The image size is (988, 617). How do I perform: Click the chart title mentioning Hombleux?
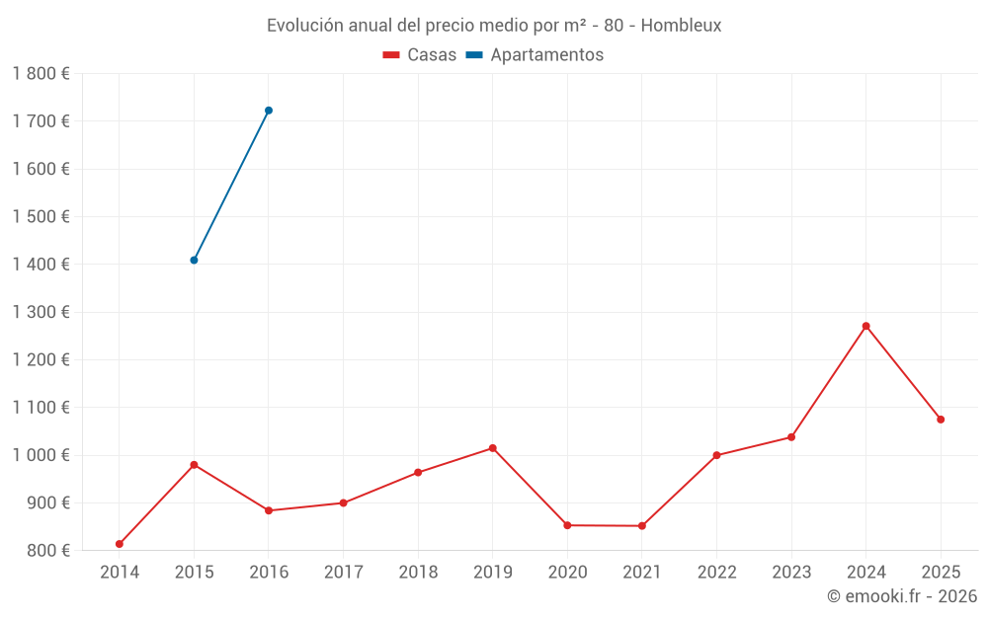tap(494, 25)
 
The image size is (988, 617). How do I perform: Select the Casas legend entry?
tap(420, 55)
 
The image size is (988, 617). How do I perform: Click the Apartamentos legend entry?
tap(535, 55)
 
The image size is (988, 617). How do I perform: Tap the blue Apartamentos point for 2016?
tap(269, 111)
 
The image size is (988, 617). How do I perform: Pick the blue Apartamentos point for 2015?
tap(194, 261)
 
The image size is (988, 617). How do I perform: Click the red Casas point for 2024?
tap(865, 326)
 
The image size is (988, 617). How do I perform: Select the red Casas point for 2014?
tap(120, 544)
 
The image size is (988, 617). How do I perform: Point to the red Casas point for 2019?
tap(493, 448)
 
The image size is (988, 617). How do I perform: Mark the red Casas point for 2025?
tap(941, 420)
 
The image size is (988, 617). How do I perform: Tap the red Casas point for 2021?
tap(642, 526)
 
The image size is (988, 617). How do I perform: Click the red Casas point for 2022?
tap(716, 455)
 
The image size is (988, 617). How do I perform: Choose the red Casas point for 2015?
tap(194, 465)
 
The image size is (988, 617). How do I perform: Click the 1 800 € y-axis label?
tap(41, 74)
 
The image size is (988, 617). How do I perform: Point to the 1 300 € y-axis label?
tap(41, 312)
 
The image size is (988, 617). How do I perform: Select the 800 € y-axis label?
tap(48, 550)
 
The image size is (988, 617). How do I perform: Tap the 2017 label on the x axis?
tap(343, 573)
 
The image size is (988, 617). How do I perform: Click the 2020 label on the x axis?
tap(567, 573)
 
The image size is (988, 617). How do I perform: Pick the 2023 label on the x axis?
tap(791, 573)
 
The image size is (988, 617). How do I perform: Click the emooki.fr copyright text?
tap(901, 596)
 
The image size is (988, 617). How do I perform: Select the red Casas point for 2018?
tap(418, 473)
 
